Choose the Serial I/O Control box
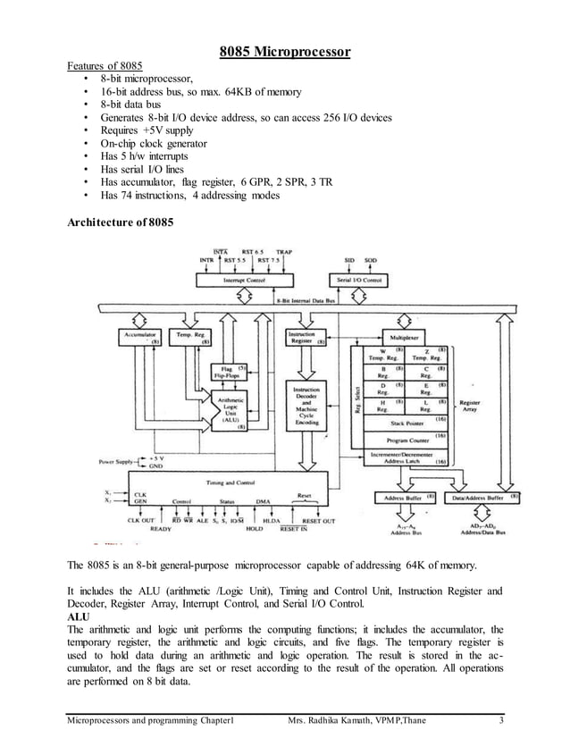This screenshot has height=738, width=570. pyautogui.click(x=360, y=280)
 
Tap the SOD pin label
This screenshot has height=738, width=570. pyautogui.click(x=371, y=261)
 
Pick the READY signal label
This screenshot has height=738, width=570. pyautogui.click(x=161, y=529)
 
